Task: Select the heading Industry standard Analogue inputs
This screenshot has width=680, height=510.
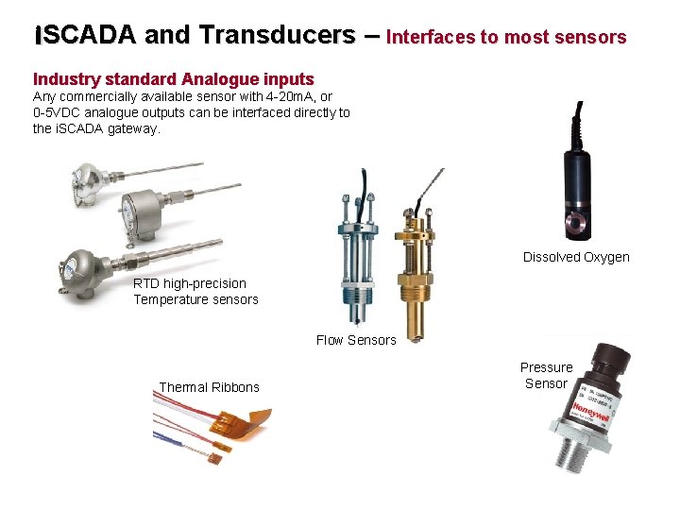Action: click(173, 79)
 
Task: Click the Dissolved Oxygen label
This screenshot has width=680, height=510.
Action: click(575, 257)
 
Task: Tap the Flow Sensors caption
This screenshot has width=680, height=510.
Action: click(355, 340)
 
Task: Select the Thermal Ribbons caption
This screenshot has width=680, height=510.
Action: click(209, 387)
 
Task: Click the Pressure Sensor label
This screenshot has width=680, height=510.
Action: click(546, 375)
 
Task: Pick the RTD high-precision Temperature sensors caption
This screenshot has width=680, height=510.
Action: click(195, 291)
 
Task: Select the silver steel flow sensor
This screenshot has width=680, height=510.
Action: click(358, 264)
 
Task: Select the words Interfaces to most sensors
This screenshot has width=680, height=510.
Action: click(506, 38)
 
